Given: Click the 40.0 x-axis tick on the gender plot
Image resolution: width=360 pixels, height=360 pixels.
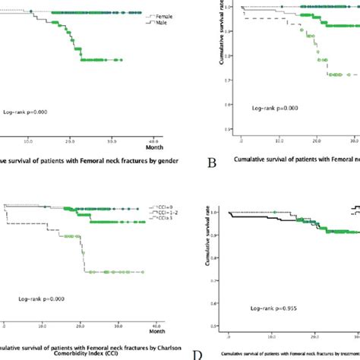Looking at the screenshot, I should click(x=151, y=141).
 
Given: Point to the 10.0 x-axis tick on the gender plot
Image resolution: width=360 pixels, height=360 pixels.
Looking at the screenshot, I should click(x=28, y=141).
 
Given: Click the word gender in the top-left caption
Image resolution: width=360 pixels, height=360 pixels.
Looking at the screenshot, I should click(x=156, y=160).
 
